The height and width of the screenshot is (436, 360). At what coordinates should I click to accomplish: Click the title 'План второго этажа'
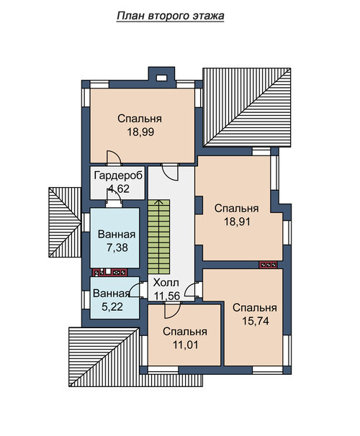pyautogui.click(x=170, y=16)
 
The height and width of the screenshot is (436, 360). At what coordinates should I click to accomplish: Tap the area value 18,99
pyautogui.click(x=140, y=132)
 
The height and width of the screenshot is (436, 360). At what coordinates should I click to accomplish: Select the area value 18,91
pyautogui.click(x=237, y=222)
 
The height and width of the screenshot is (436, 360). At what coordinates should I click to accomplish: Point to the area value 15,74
pyautogui.click(x=256, y=321)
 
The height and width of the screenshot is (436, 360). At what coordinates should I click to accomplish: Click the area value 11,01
pyautogui.click(x=185, y=345)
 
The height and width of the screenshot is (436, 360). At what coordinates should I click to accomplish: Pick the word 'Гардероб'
pyautogui.click(x=119, y=176)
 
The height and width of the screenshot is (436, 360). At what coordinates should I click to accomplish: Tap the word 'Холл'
pyautogui.click(x=166, y=283)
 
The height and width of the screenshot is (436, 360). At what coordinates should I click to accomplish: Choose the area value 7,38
pyautogui.click(x=117, y=247)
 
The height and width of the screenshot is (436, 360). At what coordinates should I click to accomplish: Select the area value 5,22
pyautogui.click(x=112, y=306)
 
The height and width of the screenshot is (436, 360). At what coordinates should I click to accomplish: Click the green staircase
pyautogui.click(x=159, y=237)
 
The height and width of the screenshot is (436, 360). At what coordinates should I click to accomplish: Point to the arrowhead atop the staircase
pyautogui.click(x=159, y=201)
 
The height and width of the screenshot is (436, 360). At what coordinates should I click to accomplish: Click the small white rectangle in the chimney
pyautogui.click(x=161, y=78)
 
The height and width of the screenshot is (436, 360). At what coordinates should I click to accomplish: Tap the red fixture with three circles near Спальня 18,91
pyautogui.click(x=268, y=265)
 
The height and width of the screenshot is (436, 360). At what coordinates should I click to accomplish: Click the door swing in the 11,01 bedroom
pyautogui.click(x=172, y=310)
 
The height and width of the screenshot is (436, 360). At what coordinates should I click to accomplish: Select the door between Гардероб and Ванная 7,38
pyautogui.click(x=114, y=198)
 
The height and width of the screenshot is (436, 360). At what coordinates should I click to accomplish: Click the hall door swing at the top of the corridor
pyautogui.click(x=170, y=173)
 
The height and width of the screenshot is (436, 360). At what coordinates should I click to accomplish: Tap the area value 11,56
pyautogui.click(x=167, y=296)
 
